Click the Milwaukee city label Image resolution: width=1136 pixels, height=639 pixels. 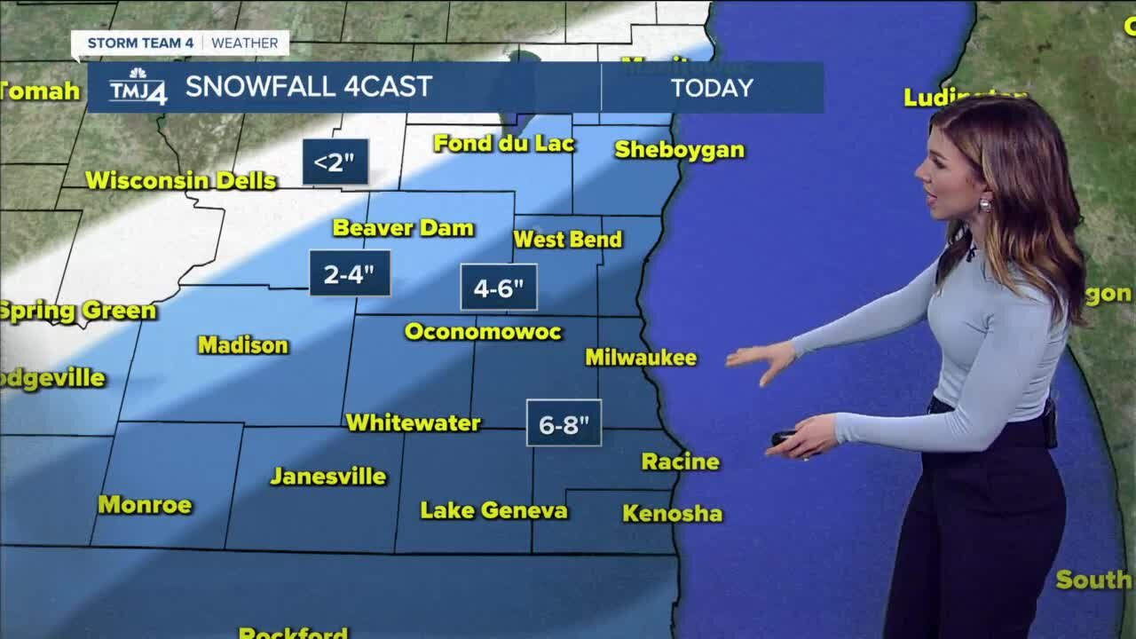pyautogui.click(x=641, y=358)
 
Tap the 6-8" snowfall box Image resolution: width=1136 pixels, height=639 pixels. pyautogui.click(x=564, y=423)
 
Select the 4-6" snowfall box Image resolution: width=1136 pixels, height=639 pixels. pyautogui.click(x=499, y=288)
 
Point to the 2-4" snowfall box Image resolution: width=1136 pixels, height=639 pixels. pyautogui.click(x=349, y=273)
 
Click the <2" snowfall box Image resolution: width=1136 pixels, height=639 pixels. pyautogui.click(x=335, y=162)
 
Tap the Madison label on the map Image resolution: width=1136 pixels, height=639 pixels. pyautogui.click(x=243, y=344)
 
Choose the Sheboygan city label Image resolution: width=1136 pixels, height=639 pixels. pyautogui.click(x=679, y=149)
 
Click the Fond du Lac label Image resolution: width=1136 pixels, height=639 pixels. pyautogui.click(x=504, y=143)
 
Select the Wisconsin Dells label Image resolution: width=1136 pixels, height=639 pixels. pyautogui.click(x=181, y=180)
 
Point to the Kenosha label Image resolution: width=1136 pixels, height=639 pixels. pyautogui.click(x=672, y=513)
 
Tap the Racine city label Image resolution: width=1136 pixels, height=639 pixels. pyautogui.click(x=680, y=461)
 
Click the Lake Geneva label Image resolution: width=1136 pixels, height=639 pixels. pyautogui.click(x=493, y=510)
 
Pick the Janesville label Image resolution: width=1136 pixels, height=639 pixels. pyautogui.click(x=328, y=477)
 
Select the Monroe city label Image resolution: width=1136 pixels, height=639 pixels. pyautogui.click(x=145, y=505)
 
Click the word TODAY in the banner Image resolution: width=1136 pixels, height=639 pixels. pyautogui.click(x=712, y=87)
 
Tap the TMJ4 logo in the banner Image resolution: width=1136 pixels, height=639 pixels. pyautogui.click(x=138, y=87)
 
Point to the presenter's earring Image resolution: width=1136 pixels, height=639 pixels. pyautogui.click(x=984, y=205)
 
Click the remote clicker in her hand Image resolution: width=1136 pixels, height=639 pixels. pyautogui.click(x=783, y=437)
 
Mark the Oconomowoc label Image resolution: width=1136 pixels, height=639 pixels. pyautogui.click(x=483, y=332)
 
